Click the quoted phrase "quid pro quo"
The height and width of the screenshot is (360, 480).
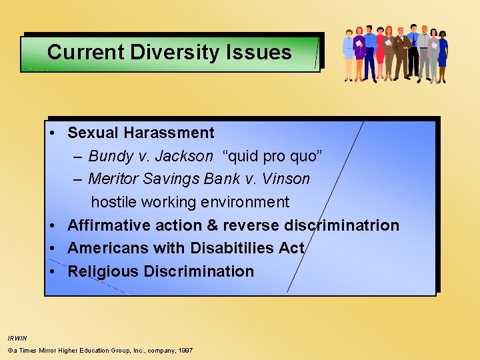(273, 156)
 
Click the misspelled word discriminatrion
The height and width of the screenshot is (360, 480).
(341, 225)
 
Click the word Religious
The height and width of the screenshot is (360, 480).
(102, 271)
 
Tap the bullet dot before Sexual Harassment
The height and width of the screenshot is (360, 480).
(52, 133)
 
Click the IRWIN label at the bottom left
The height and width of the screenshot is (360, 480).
(17, 339)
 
